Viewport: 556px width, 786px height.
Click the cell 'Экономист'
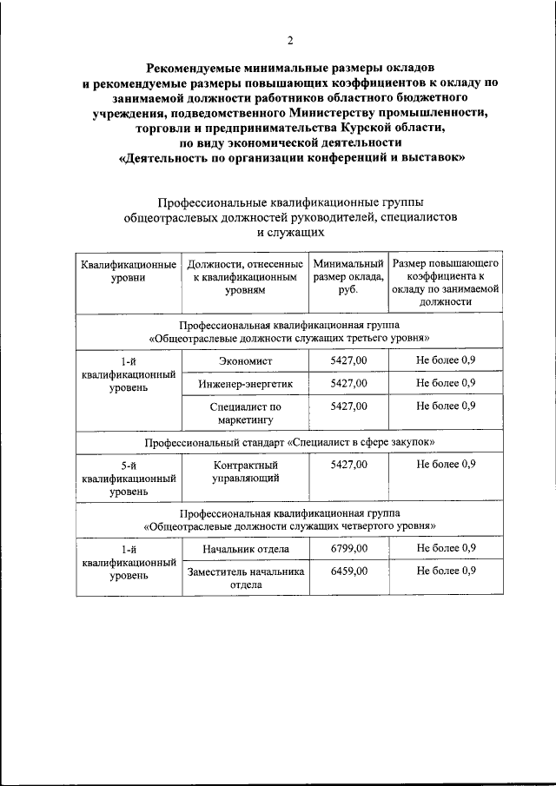coord(246,360)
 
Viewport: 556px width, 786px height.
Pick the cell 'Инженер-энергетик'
coord(246,383)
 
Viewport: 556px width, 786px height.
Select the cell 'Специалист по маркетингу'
coord(246,412)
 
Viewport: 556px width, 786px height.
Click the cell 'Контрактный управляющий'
coord(246,471)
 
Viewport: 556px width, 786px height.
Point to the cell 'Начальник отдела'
coord(246,549)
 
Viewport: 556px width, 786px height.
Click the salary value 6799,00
coord(348,548)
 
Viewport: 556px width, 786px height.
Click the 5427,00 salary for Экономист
coord(348,360)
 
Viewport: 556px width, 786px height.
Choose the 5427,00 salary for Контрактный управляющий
coord(348,465)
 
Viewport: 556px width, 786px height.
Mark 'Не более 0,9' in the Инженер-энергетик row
coord(446,383)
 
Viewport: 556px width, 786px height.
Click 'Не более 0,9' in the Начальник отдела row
coord(446,548)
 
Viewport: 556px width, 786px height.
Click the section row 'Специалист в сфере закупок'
coord(289,442)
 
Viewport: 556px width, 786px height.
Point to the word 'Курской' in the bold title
coord(354,128)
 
